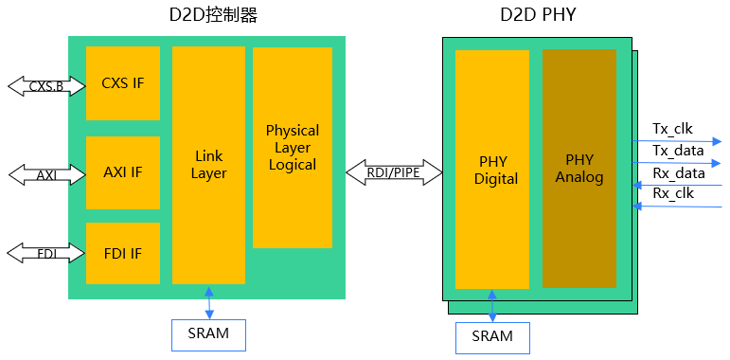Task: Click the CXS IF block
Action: coord(123,83)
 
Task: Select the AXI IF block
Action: coord(123,172)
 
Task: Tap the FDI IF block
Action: coord(123,253)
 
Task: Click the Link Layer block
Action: coord(208,164)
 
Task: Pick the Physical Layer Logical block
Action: coord(292,147)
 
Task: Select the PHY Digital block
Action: coord(491,169)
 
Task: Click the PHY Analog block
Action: coord(579,169)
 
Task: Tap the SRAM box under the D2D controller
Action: coord(207,333)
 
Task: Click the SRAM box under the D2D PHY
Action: coord(491,336)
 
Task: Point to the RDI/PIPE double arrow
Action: coord(394,171)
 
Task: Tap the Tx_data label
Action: coord(678,151)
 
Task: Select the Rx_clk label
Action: coord(672,194)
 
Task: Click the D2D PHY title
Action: coord(539,16)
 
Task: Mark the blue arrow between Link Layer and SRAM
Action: coord(208,301)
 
